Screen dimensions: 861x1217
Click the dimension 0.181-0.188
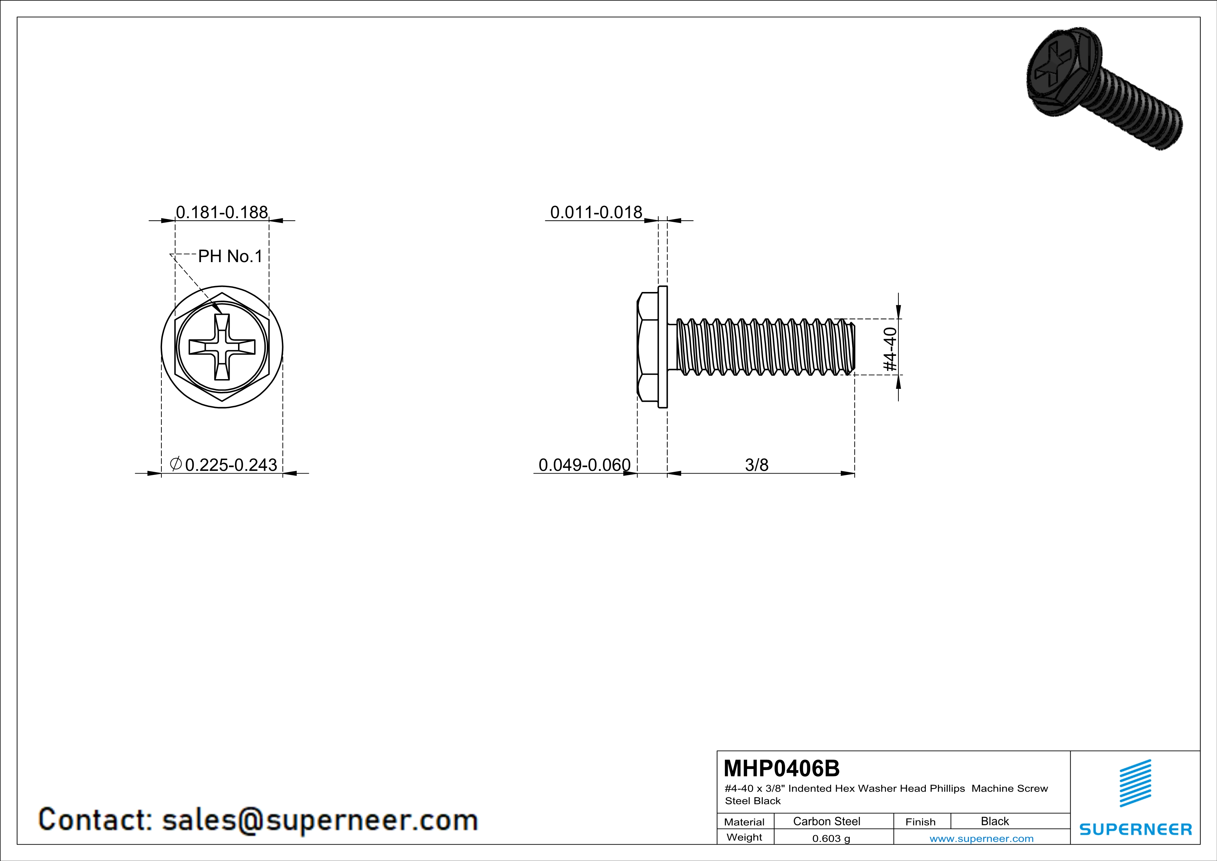221,212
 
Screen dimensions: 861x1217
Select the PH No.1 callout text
230,257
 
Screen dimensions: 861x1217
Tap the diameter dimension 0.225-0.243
230,465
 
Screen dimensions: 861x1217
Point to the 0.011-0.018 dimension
596,212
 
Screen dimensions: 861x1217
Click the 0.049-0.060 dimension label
584,465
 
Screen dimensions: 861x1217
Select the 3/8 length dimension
757,465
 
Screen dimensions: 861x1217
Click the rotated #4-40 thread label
890,349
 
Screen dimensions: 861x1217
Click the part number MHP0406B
781,768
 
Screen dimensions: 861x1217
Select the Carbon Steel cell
826,821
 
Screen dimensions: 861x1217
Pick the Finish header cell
920,822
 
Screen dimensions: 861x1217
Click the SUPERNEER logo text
1135,829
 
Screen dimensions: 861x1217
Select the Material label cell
744,822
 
